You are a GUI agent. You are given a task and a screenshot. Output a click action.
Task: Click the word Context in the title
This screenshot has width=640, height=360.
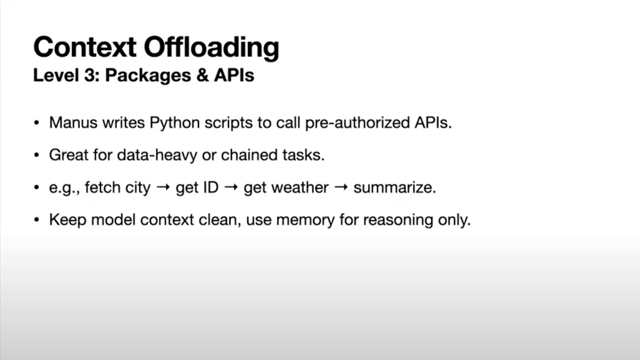tap(85, 47)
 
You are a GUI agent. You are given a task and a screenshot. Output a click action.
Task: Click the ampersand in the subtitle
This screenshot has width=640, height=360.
tap(203, 75)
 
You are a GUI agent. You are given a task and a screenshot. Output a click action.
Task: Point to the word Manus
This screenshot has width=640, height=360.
tap(73, 122)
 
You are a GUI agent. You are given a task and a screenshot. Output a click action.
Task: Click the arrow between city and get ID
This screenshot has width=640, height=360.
tap(163, 187)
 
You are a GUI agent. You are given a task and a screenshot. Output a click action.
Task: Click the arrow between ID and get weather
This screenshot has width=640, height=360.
tap(231, 187)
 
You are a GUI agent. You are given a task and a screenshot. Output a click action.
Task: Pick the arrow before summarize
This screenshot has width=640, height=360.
tap(341, 187)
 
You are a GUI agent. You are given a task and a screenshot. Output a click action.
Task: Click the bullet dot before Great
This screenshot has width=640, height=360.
tap(37, 155)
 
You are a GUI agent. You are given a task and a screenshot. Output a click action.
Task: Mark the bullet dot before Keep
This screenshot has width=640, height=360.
tap(37, 220)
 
